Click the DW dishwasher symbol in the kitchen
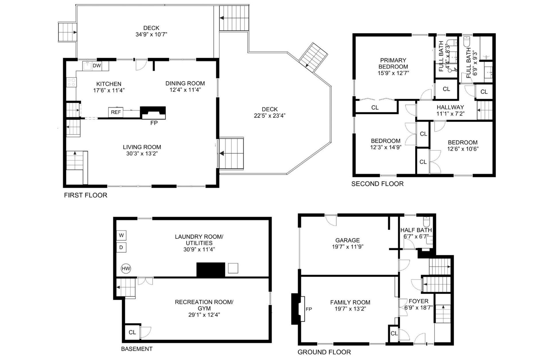click(x=97, y=66)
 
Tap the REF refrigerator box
click(x=116, y=112)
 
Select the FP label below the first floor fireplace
click(x=154, y=123)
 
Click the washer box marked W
click(x=121, y=235)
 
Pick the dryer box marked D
click(x=121, y=247)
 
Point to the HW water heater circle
click(x=126, y=269)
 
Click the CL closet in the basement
click(x=132, y=332)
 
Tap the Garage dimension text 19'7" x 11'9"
click(x=348, y=247)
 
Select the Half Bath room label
click(x=416, y=230)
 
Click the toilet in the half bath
click(x=426, y=221)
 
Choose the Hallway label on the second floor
click(x=450, y=107)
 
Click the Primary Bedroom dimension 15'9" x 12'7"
click(x=393, y=73)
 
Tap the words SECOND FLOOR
click(x=377, y=184)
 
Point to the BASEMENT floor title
click(x=137, y=349)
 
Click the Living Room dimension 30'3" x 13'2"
click(x=142, y=153)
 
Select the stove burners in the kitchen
click(x=71, y=82)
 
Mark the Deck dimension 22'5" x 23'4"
click(x=270, y=116)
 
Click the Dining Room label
click(x=185, y=83)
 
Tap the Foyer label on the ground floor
click(x=418, y=301)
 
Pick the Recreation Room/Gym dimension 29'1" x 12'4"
click(x=204, y=315)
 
